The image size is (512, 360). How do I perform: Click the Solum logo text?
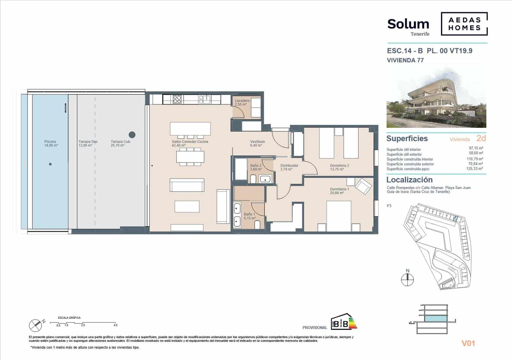coord(408,24)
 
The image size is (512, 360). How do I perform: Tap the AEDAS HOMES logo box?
coord(464,24)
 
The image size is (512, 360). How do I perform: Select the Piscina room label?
coord(50,142)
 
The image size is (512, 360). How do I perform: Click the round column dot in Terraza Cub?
coord(132,135)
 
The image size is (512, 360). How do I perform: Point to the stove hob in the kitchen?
coord(177,99)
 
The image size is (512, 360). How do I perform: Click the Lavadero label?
coord(242,101)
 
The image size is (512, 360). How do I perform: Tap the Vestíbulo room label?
coord(257,142)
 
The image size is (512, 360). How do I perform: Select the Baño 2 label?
coord(256,166)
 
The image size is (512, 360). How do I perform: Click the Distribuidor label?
coord(289,166)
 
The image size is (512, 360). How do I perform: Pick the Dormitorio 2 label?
coord(340,166)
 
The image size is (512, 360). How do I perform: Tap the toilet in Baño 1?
coord(257,226)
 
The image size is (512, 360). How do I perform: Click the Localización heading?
coord(409,180)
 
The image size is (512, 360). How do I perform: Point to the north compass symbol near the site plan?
coord(407,280)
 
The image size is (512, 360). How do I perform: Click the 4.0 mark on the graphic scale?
coord(115,325)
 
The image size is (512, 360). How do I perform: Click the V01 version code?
coord(468,343)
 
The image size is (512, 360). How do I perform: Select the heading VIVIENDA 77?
coord(405,60)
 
